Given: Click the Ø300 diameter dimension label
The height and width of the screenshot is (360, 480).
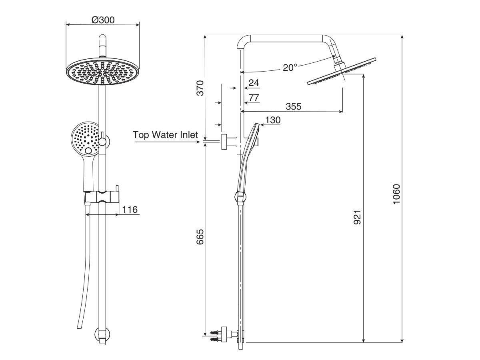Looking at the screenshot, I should tap(103, 19).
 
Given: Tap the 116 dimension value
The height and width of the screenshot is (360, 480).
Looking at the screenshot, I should tap(130, 209).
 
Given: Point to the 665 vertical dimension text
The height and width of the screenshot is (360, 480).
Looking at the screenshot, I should tap(200, 237).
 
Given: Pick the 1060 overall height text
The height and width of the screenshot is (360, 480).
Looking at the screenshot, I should tap(396, 194).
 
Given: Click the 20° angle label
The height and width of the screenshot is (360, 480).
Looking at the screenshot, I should tap(290, 68).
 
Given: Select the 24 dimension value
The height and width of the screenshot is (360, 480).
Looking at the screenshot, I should tap(254, 83).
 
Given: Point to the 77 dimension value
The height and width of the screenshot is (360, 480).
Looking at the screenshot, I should tap(254, 98).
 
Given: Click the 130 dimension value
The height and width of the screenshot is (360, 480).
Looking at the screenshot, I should tap(272, 120).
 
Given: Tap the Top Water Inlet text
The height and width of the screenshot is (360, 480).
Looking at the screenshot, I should tap(165, 135).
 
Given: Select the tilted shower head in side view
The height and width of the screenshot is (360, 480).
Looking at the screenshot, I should tap(342, 72).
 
